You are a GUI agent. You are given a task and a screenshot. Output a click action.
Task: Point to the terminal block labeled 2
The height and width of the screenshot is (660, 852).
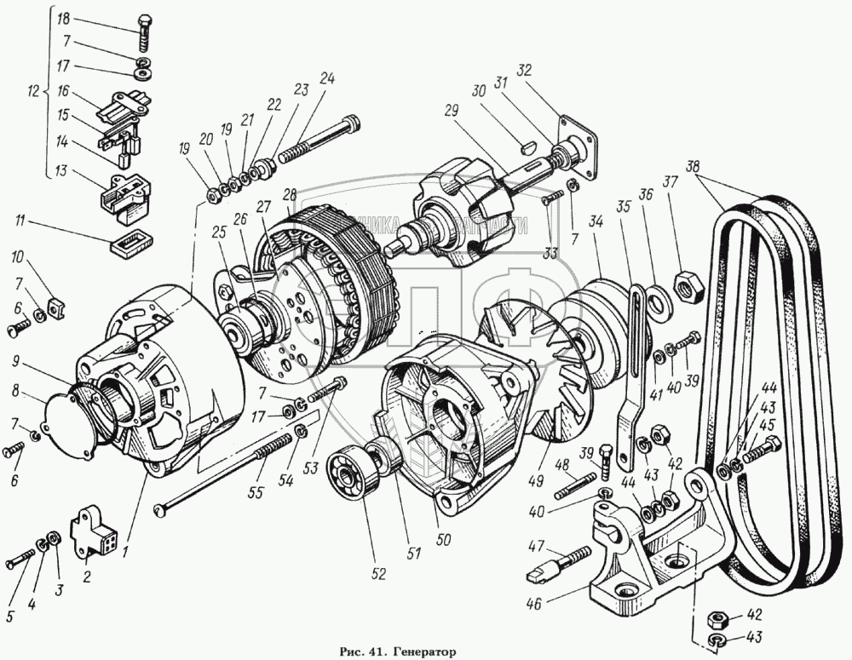coord(92,533)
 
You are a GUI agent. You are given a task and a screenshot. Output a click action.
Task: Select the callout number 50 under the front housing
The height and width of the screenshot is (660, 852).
coord(443,539)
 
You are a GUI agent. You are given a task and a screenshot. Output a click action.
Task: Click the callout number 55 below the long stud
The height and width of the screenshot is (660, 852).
coord(253,492)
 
